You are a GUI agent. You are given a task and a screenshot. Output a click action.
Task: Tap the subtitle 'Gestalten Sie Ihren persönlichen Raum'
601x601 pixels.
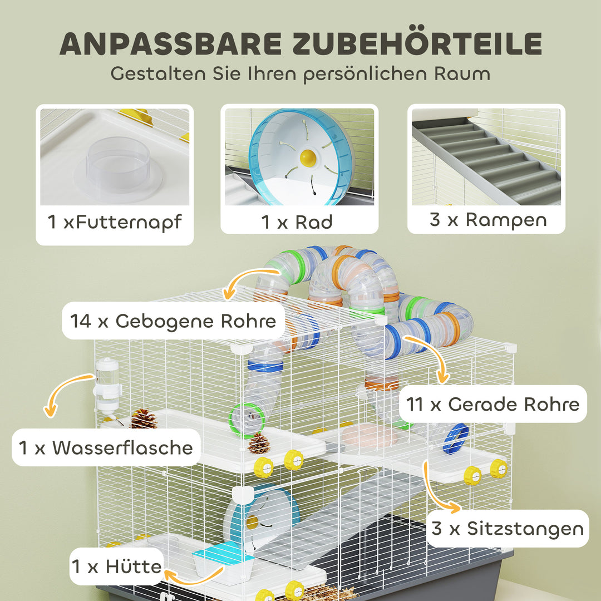(x=300, y=74)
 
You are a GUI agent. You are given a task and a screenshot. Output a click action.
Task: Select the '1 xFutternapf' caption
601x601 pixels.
(x=115, y=223)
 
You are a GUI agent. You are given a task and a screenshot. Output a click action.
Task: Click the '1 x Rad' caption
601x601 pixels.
(x=297, y=222)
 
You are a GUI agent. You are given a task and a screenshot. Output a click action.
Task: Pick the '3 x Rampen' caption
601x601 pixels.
(x=487, y=219)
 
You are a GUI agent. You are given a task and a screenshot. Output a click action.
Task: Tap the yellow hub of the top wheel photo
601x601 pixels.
(x=307, y=157)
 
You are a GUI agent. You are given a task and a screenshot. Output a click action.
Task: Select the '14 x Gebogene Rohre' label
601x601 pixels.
(x=173, y=321)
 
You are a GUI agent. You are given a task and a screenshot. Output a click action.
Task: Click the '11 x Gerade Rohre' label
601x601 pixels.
(x=492, y=403)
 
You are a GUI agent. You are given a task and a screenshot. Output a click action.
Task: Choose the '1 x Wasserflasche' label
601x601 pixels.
(x=106, y=447)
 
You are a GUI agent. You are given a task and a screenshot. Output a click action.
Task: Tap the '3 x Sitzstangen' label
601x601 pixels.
(x=507, y=528)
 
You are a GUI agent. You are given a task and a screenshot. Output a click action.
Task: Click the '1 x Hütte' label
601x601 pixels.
(x=116, y=566)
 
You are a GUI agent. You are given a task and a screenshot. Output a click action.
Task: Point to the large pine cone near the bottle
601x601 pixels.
(x=144, y=418)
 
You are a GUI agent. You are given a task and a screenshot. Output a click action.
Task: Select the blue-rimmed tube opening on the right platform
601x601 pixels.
(x=455, y=439)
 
